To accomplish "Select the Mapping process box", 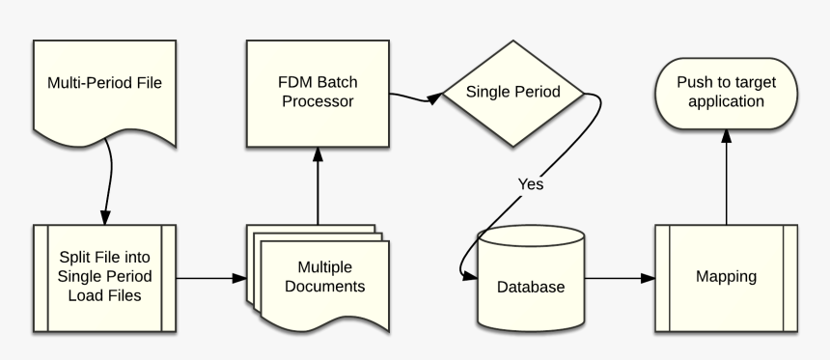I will click(726, 278).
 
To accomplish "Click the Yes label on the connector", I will click(532, 183).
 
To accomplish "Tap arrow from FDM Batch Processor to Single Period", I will click(415, 97).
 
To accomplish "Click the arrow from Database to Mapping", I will click(620, 279).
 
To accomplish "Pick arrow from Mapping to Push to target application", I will click(726, 179).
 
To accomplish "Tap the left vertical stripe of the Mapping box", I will click(662, 278).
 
